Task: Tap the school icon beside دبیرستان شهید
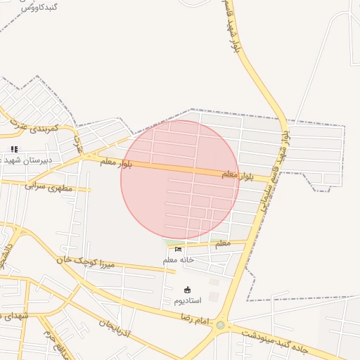pos(14,149)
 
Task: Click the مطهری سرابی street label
pos(49,186)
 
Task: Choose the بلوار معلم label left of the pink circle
pos(115,162)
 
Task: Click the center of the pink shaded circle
pos(180,179)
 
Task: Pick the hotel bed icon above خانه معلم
pos(178,249)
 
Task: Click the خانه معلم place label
pos(179,259)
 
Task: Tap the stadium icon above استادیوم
pos(187,290)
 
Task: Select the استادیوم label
pos(188,300)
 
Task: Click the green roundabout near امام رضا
pos(221,325)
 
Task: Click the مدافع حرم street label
pos(54,340)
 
